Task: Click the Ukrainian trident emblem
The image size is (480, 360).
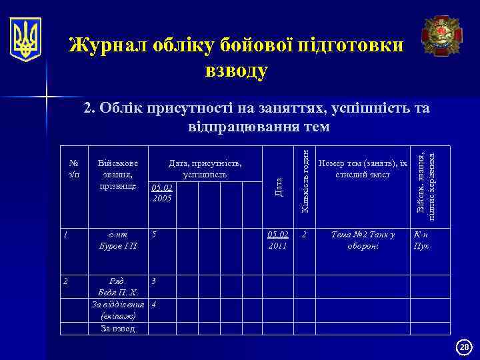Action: (x=25, y=39)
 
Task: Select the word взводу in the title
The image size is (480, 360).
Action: (x=237, y=70)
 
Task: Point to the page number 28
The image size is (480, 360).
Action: (x=465, y=347)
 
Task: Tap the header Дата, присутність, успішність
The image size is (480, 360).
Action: (x=205, y=169)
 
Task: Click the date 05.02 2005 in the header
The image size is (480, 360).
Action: (x=161, y=193)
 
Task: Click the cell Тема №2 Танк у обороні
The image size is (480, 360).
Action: (x=363, y=240)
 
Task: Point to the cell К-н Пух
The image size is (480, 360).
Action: (x=422, y=240)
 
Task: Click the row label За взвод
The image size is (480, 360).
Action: (x=117, y=328)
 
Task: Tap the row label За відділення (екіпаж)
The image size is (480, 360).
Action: (x=117, y=311)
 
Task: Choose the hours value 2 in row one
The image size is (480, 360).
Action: (x=305, y=235)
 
